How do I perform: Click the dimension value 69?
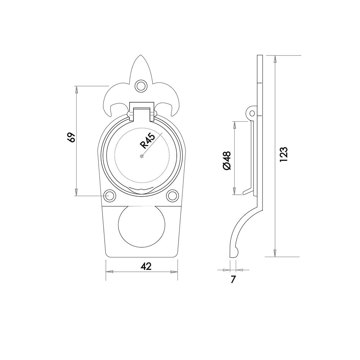pyautogui.click(x=72, y=137)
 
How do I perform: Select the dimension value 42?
pyautogui.click(x=146, y=266)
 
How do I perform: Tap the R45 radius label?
pyautogui.click(x=147, y=141)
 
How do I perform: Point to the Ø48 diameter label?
pyautogui.click(x=226, y=161)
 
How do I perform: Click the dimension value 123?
pyautogui.click(x=284, y=154)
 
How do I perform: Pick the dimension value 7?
pyautogui.click(x=233, y=279)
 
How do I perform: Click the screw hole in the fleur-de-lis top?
pyautogui.click(x=141, y=86)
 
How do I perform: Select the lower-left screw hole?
pyautogui.click(x=110, y=196)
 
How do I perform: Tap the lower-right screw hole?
pyautogui.click(x=172, y=195)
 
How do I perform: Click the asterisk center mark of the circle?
pyautogui.click(x=141, y=156)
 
